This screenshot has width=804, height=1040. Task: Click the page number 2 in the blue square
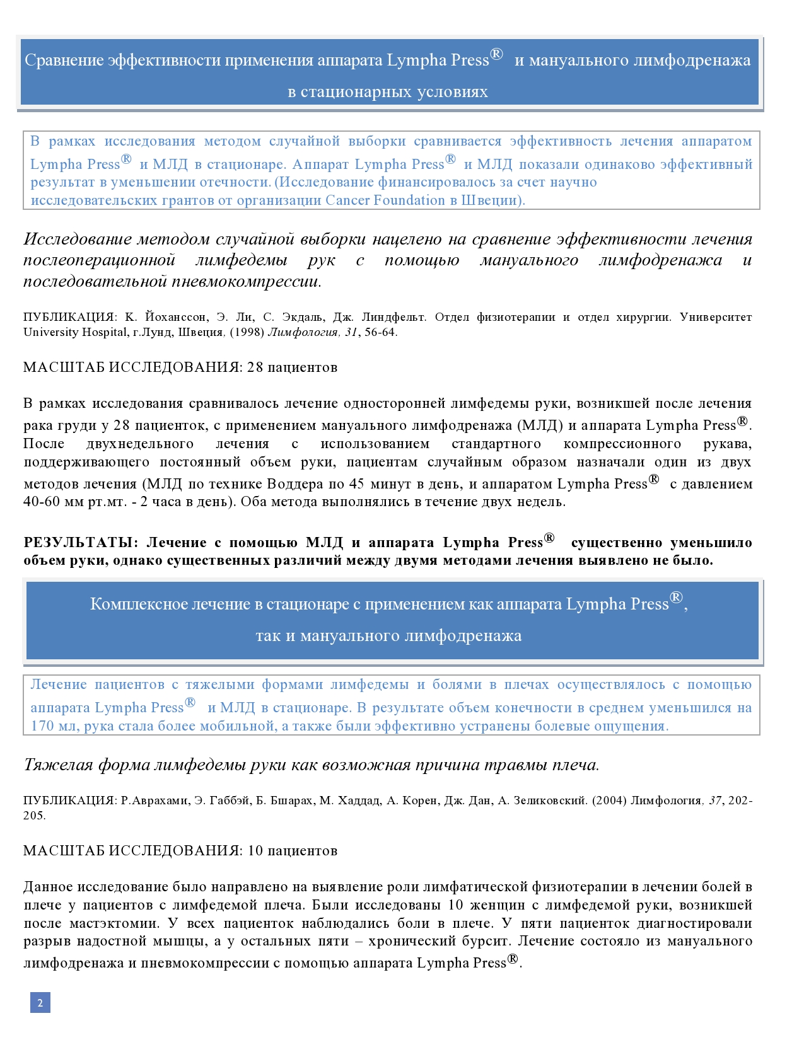40,1002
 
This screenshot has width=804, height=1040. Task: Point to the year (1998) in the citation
247,332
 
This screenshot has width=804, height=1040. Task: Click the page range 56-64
380,332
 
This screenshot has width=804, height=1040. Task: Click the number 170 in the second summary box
43,726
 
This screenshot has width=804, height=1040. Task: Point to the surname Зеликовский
549,800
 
